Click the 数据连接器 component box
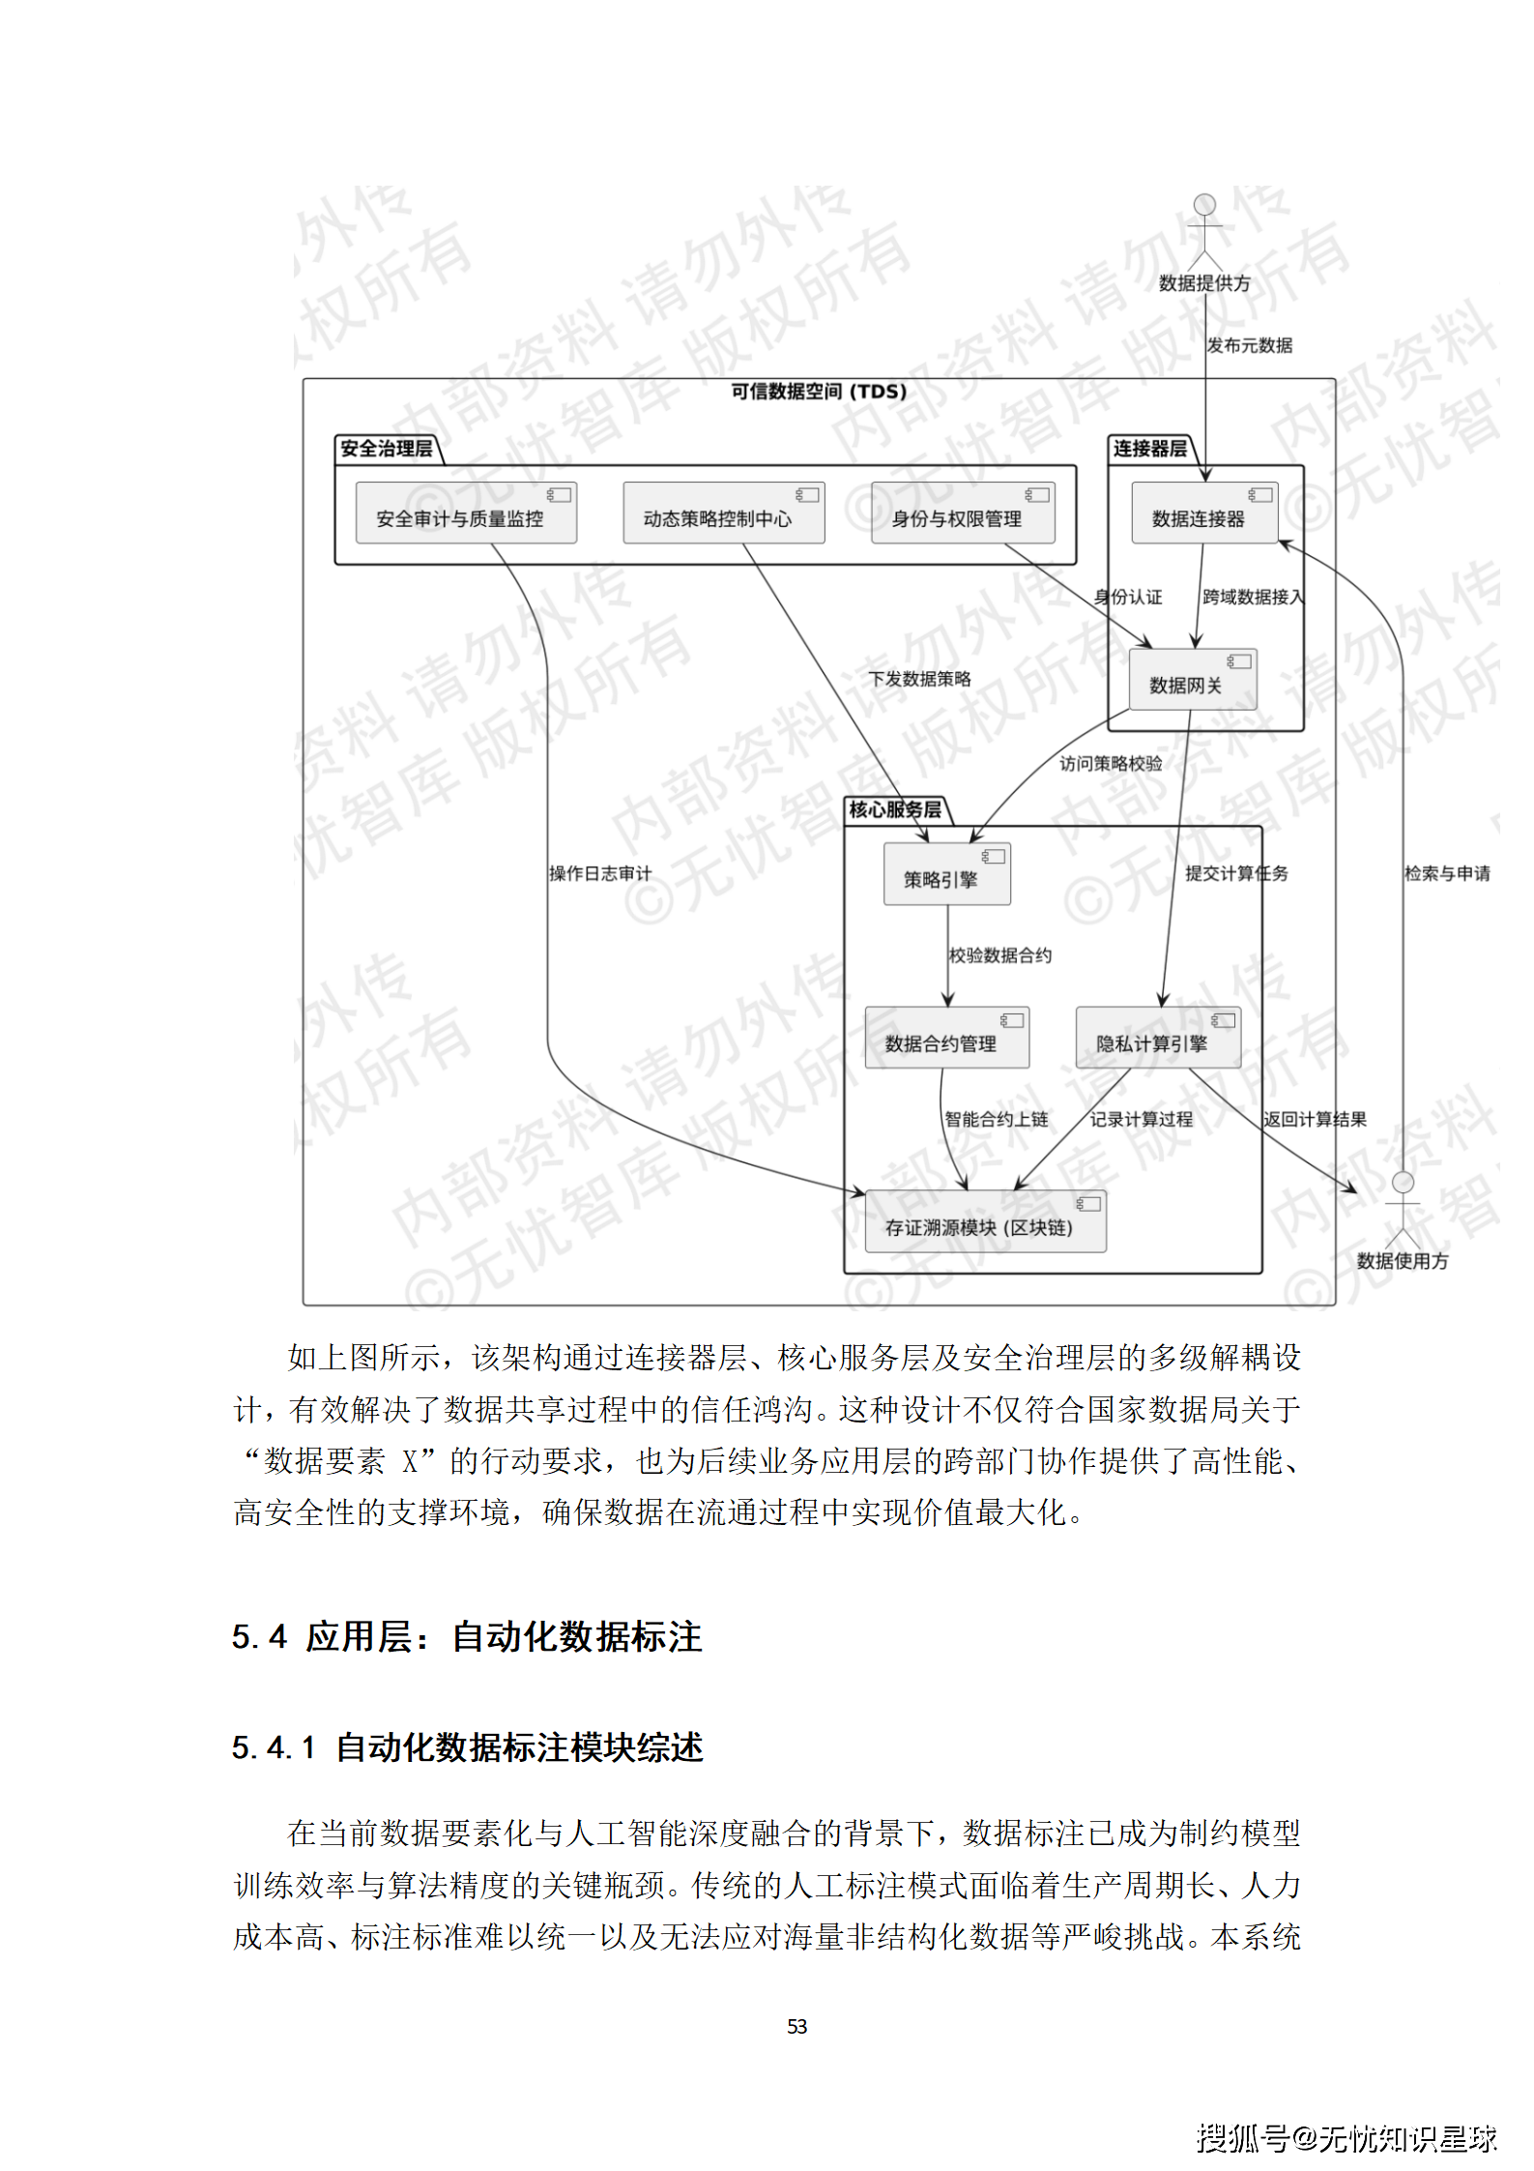[x=1204, y=513]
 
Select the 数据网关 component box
[x=1192, y=679]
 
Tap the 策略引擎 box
[x=946, y=874]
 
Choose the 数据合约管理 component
[x=946, y=1038]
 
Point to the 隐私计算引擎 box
[x=1157, y=1038]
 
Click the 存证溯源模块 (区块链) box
[x=984, y=1221]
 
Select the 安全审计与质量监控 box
[x=465, y=513]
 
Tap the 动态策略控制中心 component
[x=723, y=513]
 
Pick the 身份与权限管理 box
[x=962, y=513]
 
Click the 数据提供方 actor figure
[x=1204, y=232]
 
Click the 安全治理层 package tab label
[x=387, y=449]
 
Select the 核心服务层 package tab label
[x=895, y=809]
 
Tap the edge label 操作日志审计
[x=600, y=873]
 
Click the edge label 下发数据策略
[x=919, y=679]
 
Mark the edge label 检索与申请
[x=1447, y=873]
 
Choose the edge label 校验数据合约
[x=1000, y=955]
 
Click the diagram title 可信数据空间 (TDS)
[x=819, y=392]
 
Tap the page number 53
[x=796, y=2026]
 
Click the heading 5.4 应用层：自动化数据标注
[x=467, y=1637]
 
